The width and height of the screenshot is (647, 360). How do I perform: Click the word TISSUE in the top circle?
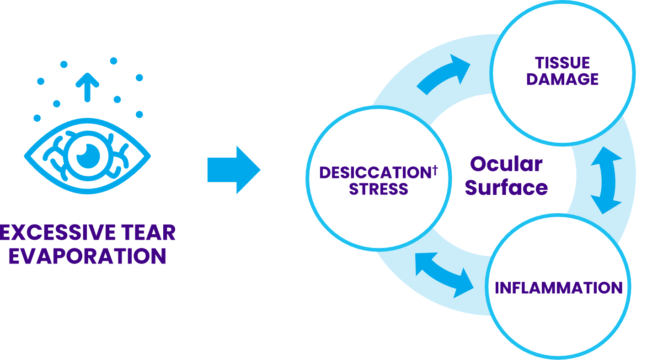coord(562,63)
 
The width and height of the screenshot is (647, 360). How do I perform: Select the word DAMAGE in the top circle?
coord(562,79)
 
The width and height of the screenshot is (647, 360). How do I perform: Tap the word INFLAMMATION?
coord(559,288)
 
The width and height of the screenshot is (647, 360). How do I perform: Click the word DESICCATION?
coord(374,173)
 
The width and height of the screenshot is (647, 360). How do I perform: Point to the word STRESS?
coord(379,189)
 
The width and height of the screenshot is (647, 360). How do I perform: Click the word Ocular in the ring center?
coord(506,164)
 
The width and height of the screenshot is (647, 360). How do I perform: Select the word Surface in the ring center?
coord(506,187)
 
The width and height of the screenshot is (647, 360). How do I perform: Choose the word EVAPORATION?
coord(87,257)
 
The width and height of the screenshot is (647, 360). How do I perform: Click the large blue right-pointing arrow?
coord(234,170)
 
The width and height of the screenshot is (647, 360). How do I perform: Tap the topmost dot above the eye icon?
coord(113,60)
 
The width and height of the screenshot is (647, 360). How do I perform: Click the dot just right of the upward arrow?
coord(117,99)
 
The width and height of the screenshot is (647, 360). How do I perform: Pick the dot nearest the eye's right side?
coord(139,114)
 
